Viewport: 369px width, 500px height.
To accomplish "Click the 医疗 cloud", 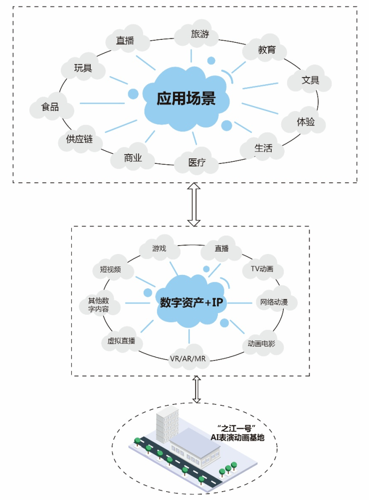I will (x=196, y=162).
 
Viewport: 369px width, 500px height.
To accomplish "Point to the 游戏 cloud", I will (x=159, y=248).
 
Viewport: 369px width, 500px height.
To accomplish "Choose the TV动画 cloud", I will (x=262, y=269).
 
